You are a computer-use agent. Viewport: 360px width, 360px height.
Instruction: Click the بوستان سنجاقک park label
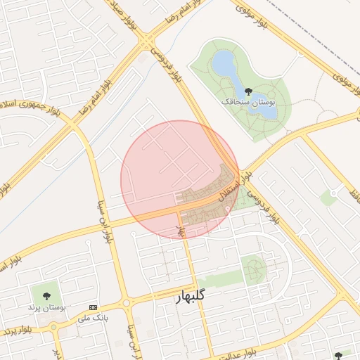click(250, 103)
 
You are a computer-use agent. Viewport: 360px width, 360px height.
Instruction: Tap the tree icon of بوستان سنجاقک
click(247, 90)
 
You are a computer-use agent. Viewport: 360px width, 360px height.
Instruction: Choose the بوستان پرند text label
click(46, 307)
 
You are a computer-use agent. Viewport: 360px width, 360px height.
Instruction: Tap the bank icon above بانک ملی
click(94, 307)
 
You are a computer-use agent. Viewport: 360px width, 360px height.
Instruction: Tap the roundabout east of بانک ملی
click(126, 303)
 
